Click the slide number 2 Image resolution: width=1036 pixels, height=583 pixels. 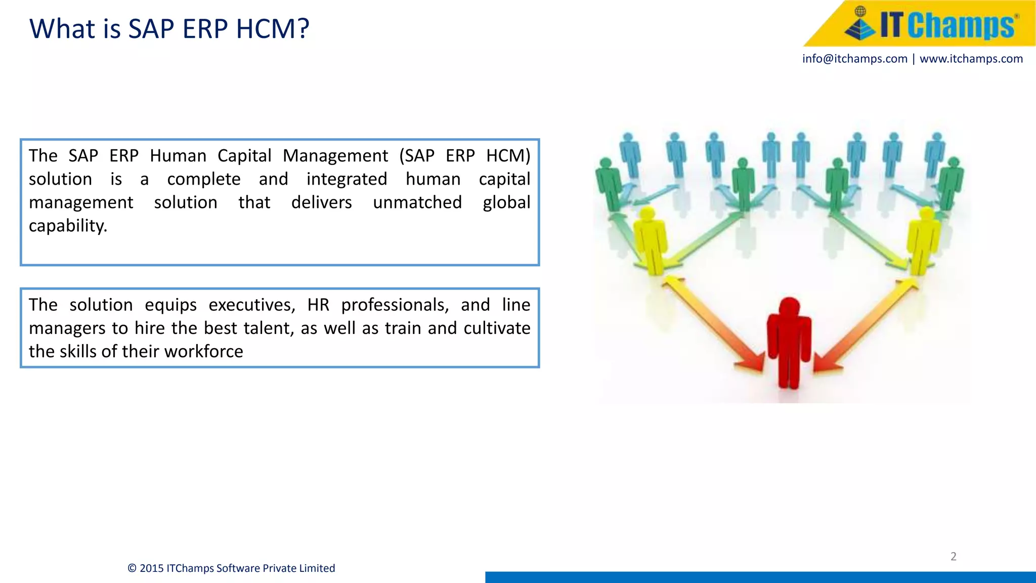pyautogui.click(x=954, y=557)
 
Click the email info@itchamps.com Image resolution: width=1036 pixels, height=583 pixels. pyautogui.click(x=854, y=59)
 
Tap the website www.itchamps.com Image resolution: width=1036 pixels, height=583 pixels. pyautogui.click(x=971, y=59)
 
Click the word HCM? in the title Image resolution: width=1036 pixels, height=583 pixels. pyautogui.click(x=273, y=29)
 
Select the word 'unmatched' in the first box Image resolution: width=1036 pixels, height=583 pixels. pyautogui.click(x=417, y=202)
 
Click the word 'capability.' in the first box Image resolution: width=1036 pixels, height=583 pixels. pyautogui.click(x=68, y=226)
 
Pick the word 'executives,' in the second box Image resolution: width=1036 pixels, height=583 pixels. pyautogui.click(x=252, y=305)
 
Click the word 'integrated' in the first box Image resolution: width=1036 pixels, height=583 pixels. pyautogui.click(x=347, y=179)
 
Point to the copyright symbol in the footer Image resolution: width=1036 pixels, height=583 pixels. pyautogui.click(x=132, y=568)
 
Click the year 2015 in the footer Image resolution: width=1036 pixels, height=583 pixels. pyautogui.click(x=152, y=568)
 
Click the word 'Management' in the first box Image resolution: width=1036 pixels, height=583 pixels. pyautogui.click(x=335, y=156)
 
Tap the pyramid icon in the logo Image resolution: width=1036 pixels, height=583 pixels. pyautogui.click(x=860, y=25)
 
